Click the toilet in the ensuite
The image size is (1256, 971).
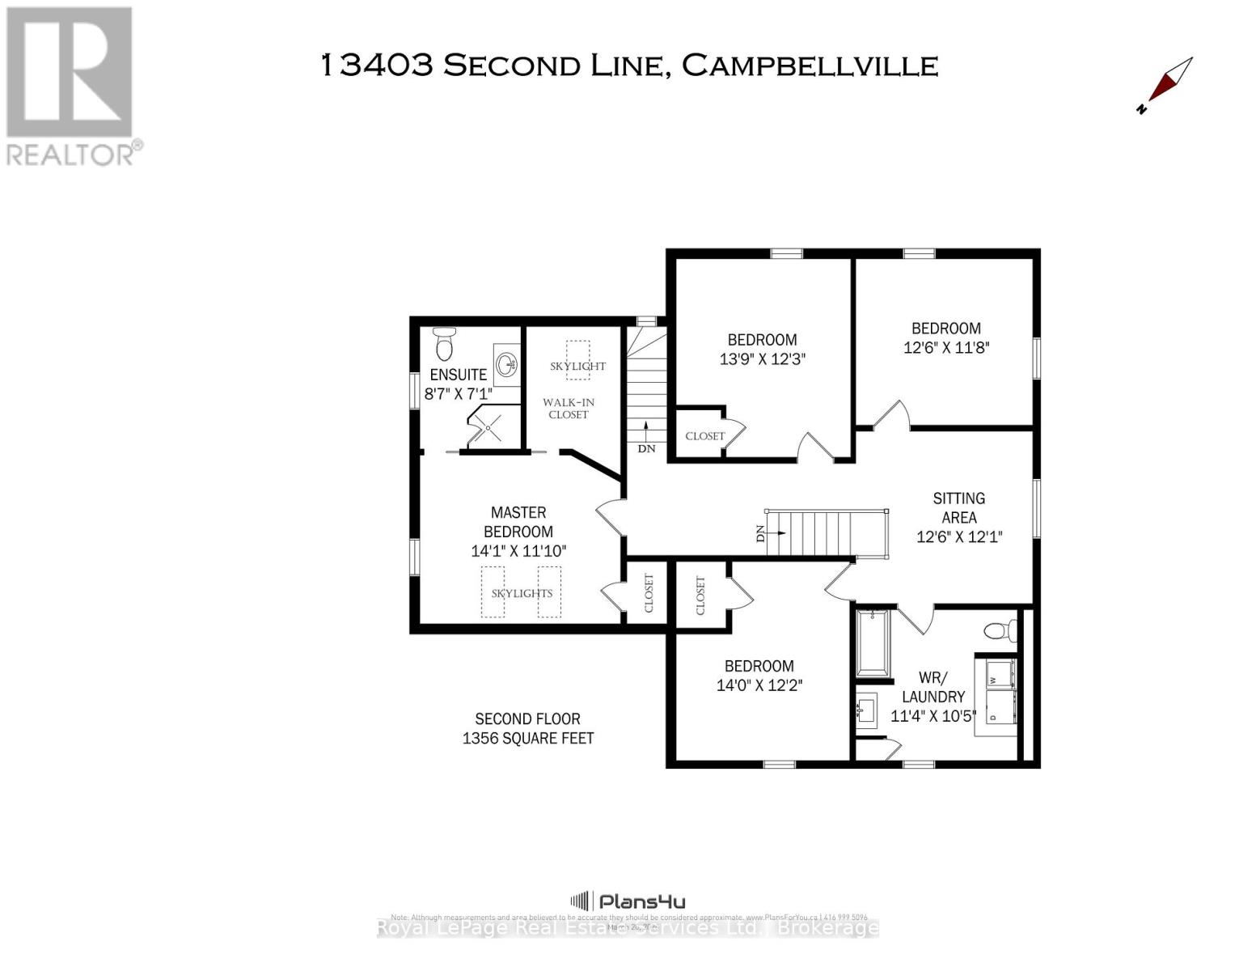tap(444, 344)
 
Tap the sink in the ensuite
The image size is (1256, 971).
tap(507, 364)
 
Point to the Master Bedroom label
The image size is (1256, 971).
tap(518, 522)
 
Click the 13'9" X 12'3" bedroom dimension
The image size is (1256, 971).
tap(762, 358)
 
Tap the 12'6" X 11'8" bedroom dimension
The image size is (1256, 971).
tap(946, 347)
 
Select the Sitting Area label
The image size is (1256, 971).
tap(959, 507)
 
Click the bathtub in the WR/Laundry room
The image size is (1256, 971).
tap(872, 642)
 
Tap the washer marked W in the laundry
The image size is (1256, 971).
tap(999, 672)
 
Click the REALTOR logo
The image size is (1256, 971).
tap(71, 85)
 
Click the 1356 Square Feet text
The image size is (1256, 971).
tap(527, 738)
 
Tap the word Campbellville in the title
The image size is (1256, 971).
tap(810, 66)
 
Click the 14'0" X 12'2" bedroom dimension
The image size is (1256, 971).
tap(759, 685)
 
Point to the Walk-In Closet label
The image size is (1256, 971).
tap(568, 408)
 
